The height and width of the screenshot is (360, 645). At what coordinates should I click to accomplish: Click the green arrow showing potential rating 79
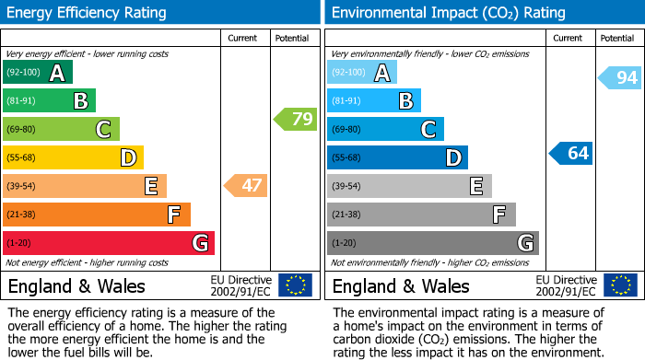point(295,119)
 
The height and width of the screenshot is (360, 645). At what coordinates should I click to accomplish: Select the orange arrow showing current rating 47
point(246,186)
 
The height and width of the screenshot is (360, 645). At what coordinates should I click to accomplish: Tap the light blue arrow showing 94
point(620,78)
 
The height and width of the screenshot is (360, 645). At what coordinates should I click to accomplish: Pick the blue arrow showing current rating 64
point(571,153)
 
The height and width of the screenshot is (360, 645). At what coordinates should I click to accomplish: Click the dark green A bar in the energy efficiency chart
point(37,73)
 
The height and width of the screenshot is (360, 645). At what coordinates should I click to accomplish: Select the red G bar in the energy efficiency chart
point(109,243)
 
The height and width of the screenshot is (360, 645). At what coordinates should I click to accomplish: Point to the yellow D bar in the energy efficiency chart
point(73,157)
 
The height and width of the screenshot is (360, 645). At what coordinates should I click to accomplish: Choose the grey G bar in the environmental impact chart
point(432,243)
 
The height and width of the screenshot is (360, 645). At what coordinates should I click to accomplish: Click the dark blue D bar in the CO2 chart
point(397,157)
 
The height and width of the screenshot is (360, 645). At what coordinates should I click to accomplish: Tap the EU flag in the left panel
point(295,285)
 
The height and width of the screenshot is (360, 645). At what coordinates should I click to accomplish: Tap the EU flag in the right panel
point(619,285)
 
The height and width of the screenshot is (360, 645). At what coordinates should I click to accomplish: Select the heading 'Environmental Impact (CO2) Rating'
point(448,13)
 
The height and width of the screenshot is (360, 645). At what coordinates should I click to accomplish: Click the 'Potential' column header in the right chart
point(616,38)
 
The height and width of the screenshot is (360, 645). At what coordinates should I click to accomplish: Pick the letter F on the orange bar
point(173,215)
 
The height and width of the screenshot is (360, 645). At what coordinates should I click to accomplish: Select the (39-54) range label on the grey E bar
point(347,187)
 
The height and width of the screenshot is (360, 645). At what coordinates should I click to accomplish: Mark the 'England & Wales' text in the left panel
point(76,286)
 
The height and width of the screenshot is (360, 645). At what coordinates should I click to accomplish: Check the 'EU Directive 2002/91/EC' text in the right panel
point(566,285)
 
